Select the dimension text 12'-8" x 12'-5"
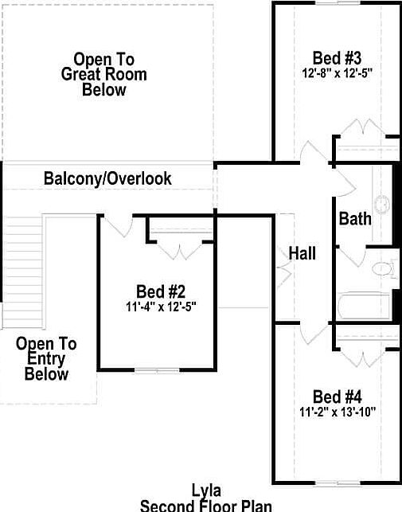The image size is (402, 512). click(x=338, y=72)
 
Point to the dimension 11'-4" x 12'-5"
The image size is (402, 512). click(x=161, y=305)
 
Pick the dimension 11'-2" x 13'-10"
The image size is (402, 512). click(x=338, y=412)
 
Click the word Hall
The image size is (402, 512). click(x=302, y=254)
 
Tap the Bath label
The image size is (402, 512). click(x=355, y=218)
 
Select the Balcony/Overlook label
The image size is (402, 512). click(x=107, y=178)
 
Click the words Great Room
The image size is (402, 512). click(x=104, y=75)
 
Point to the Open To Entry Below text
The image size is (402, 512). click(x=46, y=358)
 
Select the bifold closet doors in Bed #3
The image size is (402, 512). click(x=365, y=129)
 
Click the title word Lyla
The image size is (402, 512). click(x=206, y=491)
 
